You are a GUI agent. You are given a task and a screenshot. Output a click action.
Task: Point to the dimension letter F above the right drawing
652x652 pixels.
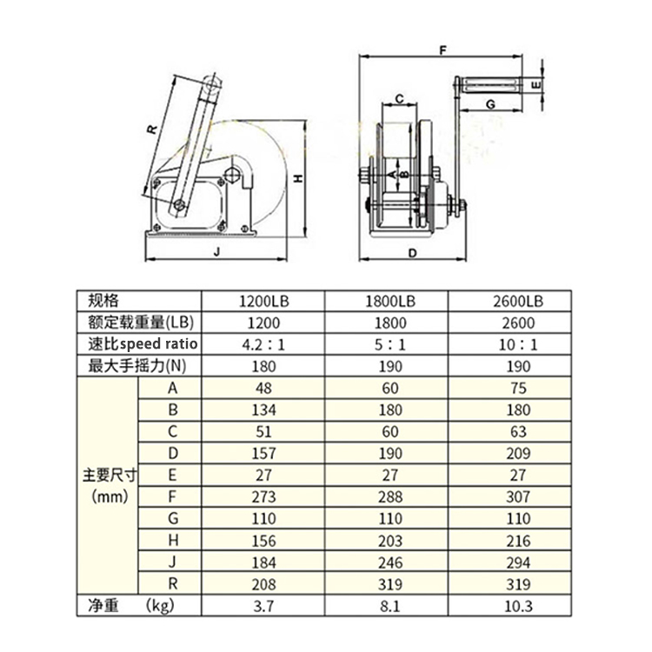click(x=442, y=51)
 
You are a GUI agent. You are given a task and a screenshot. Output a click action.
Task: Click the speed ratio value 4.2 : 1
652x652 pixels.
click(x=263, y=344)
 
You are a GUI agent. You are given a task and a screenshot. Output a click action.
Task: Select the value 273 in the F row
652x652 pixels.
click(x=263, y=496)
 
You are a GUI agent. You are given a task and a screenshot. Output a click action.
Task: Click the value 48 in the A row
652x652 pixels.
click(x=263, y=388)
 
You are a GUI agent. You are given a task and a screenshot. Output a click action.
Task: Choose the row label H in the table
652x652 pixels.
click(x=171, y=540)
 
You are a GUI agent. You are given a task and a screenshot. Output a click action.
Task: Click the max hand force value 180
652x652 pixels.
click(x=263, y=366)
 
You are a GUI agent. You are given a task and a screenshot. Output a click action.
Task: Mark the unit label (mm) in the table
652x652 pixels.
click(x=109, y=497)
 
